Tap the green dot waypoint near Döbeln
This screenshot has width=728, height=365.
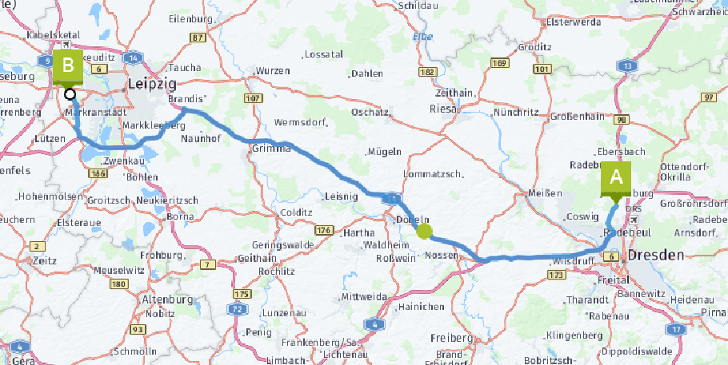(424, 232)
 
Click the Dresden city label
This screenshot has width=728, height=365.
(656, 256)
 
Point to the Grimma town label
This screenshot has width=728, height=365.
(268, 149)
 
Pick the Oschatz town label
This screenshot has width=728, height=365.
(370, 113)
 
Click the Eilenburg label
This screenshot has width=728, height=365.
(189, 18)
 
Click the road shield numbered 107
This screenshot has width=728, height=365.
(254, 98)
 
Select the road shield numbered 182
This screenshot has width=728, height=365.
(426, 72)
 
